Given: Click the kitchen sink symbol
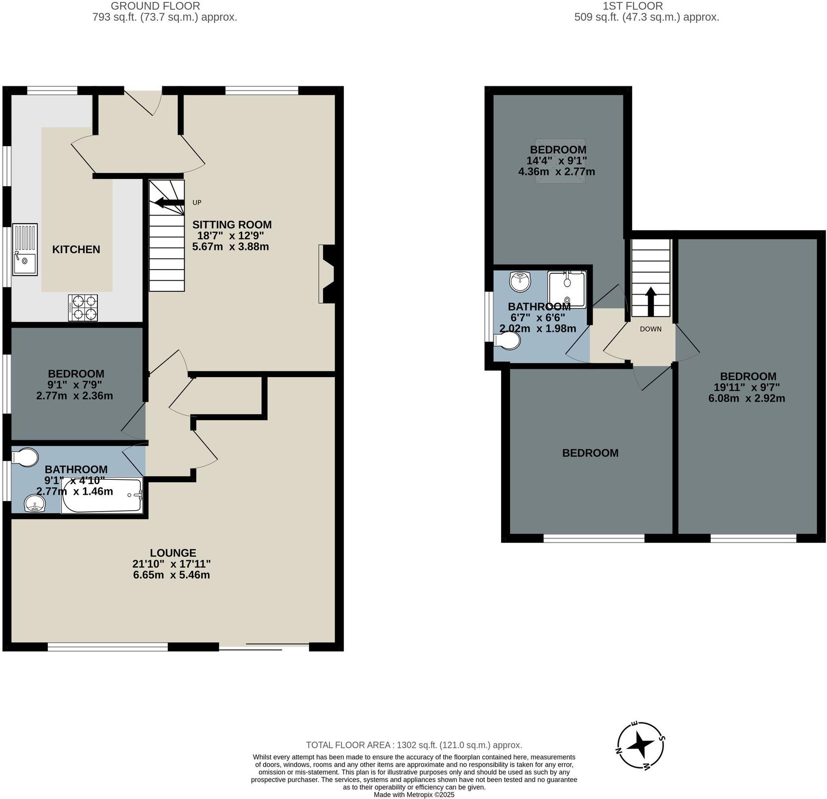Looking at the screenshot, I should [x=25, y=249].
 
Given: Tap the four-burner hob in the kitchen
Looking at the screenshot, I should [x=83, y=308].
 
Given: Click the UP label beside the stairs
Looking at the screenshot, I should [x=197, y=203].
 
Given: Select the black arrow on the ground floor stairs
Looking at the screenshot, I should [x=169, y=203].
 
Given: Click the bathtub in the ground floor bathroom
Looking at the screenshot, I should [x=102, y=495].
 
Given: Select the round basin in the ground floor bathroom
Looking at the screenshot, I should [x=35, y=503].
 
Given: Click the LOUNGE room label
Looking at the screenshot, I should [x=173, y=553].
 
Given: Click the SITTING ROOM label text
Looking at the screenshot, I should [x=232, y=225].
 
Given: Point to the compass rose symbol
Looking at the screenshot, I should [x=641, y=745].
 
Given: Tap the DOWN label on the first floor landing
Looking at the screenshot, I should [x=651, y=329].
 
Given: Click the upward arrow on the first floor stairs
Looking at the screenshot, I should [x=651, y=301].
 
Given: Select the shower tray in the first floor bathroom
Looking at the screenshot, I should [x=567, y=289].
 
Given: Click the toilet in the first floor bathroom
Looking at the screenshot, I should [x=508, y=341].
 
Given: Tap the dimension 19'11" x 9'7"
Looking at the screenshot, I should [x=746, y=387].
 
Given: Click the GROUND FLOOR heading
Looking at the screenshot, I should [x=155, y=6].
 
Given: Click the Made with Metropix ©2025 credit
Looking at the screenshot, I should [x=414, y=795].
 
